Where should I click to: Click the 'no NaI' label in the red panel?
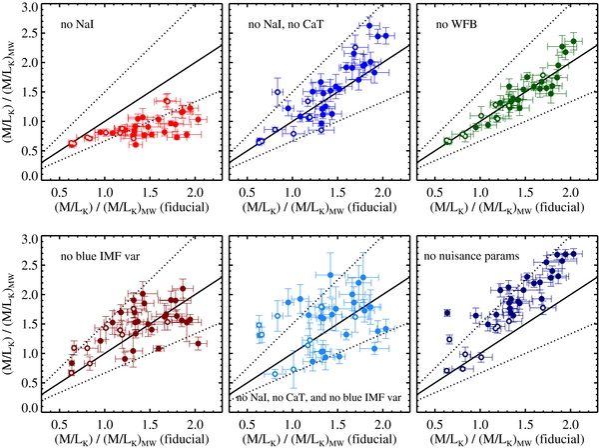pos(77,25)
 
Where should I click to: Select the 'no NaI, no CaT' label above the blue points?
pos(286,25)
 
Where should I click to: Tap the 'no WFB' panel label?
pos(456,25)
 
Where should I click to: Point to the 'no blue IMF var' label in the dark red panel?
pos(100,256)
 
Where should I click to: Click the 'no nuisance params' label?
pos(471,256)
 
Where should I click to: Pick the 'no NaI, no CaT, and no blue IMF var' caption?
pos(318,397)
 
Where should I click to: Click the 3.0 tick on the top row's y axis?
pos(30,8)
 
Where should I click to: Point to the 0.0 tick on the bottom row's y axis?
pos(30,408)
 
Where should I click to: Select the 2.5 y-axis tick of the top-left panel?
pos(30,33)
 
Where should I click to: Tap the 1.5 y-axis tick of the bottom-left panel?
pos(30,324)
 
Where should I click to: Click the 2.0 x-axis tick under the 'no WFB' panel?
pos(571,191)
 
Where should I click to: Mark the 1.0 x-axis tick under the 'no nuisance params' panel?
pos(480,424)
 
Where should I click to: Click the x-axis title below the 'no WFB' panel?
pos(507,207)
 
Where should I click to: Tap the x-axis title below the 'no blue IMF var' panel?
pos(132,440)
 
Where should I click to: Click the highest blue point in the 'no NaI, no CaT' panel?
pos(369,26)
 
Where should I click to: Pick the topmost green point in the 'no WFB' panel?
pos(573,41)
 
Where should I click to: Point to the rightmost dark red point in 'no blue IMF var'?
pos(198,344)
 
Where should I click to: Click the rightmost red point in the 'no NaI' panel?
pos(198,119)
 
